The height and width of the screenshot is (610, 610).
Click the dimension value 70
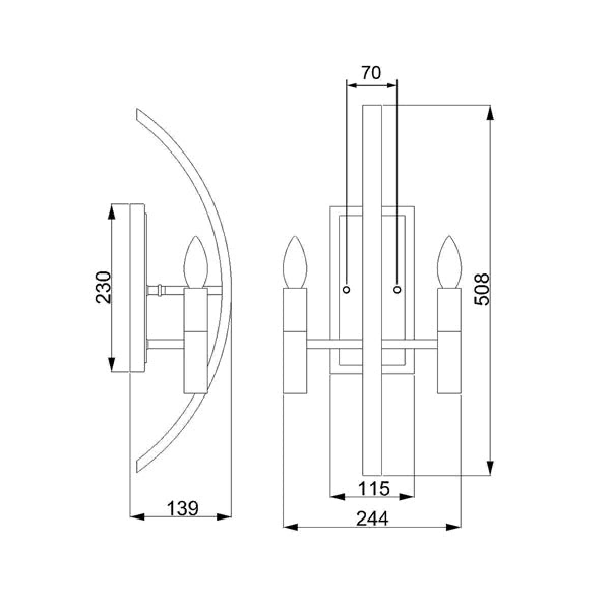[x=371, y=73]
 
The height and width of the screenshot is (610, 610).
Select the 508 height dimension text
[x=481, y=289]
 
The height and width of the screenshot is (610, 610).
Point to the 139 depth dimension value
[x=182, y=509]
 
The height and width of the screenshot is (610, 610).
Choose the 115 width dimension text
[x=374, y=489]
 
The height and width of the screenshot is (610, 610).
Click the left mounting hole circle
[x=346, y=289]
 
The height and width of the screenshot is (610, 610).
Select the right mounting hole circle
[x=397, y=289]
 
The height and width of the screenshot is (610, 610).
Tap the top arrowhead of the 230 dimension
[x=111, y=211]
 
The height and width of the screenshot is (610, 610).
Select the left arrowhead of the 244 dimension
[x=290, y=527]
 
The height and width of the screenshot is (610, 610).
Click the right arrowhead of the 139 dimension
[x=224, y=517]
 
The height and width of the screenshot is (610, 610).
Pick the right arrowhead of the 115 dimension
[x=407, y=497]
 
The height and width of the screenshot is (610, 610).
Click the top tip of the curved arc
[x=137, y=109]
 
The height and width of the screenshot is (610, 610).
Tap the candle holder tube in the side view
[x=196, y=341]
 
